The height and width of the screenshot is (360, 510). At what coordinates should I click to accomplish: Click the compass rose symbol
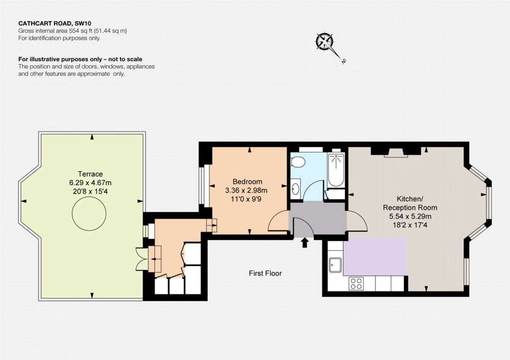[x=325, y=42]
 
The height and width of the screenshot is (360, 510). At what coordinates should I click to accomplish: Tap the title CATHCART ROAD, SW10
[x=55, y=23]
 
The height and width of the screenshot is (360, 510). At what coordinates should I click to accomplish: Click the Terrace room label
[x=91, y=174]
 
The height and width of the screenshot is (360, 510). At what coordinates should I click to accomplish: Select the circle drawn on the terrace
[x=89, y=214]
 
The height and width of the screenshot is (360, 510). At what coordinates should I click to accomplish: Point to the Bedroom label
[x=247, y=181]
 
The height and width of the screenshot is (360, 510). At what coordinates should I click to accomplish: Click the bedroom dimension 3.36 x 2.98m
[x=246, y=190]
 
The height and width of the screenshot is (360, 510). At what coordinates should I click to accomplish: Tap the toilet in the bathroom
[x=298, y=162]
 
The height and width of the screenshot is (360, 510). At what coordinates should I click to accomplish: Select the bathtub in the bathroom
[x=336, y=170]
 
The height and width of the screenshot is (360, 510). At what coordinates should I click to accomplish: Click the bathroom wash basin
[x=295, y=189]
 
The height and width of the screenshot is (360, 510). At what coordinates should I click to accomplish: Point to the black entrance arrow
[x=305, y=242]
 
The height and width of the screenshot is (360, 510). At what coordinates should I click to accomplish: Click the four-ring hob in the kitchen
[x=356, y=284]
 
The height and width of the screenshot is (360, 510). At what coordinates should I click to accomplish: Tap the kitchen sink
[x=335, y=265]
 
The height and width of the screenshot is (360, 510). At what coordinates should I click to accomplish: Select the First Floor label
[x=265, y=273]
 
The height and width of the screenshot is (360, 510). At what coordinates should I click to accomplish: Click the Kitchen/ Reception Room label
[x=410, y=203]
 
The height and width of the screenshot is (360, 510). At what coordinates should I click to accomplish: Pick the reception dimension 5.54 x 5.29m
[x=410, y=216]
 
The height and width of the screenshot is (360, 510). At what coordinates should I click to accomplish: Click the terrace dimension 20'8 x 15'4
[x=91, y=192]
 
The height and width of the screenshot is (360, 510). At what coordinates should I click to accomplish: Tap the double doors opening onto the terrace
[x=142, y=259]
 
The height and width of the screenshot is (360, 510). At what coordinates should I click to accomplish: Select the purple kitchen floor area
[x=375, y=256]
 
